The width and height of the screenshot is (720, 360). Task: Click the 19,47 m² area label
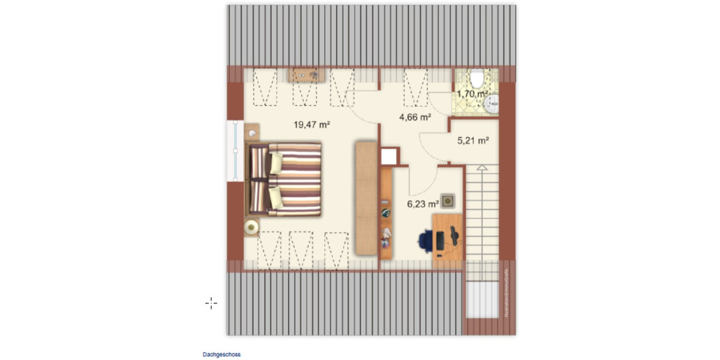pos(313,125)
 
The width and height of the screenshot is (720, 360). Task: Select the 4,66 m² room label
pos(416,118)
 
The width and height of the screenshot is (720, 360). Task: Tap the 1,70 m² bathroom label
pos(472,94)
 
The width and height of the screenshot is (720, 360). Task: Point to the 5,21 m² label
pos(473,141)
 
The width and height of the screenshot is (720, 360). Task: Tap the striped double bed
pos(286,179)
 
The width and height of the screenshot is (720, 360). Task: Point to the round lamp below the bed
pos(251,227)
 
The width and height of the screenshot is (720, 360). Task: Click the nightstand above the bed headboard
pos(252,131)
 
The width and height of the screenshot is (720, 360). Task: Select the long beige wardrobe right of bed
pos(365,198)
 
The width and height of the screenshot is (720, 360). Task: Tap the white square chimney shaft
pos(389,157)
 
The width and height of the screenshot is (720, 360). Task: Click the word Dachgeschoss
pos(221,355)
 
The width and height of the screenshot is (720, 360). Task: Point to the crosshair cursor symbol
pos(211,303)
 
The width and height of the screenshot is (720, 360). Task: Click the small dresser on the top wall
pos(308,75)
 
